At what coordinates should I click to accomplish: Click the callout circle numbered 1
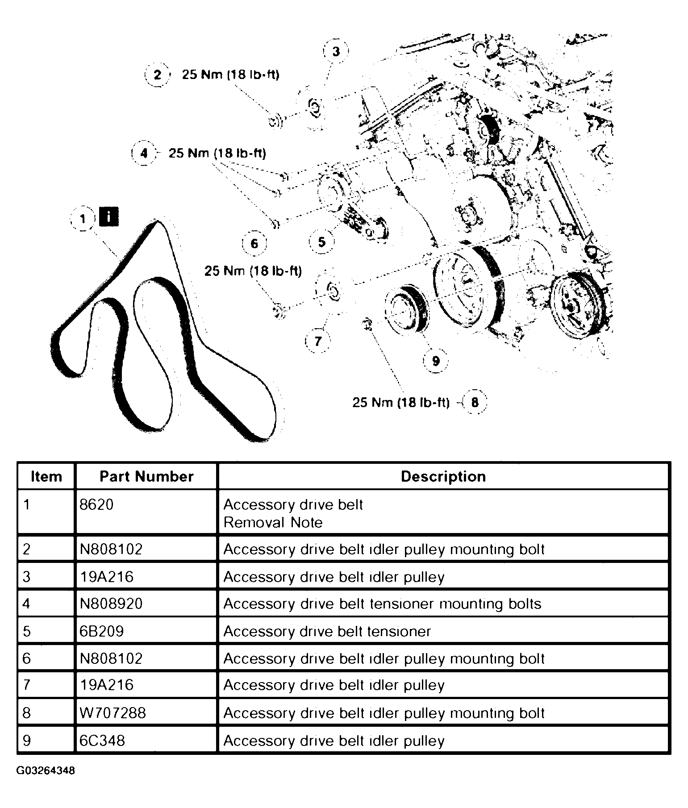(x=83, y=219)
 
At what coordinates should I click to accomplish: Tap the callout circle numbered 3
(x=336, y=51)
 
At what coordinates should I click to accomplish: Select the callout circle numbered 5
(x=322, y=242)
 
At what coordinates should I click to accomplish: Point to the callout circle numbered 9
(x=436, y=360)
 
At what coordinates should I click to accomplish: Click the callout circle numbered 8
(x=475, y=402)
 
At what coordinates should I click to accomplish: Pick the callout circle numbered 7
(x=318, y=341)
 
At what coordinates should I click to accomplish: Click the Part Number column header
(x=146, y=476)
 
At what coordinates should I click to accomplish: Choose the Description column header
(x=443, y=476)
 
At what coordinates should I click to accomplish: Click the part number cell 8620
(x=96, y=504)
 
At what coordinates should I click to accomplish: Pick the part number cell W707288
(x=113, y=712)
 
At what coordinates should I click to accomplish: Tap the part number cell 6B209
(x=101, y=631)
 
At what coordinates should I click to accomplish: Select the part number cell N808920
(x=111, y=604)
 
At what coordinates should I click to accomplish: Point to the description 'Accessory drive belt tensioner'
(x=327, y=631)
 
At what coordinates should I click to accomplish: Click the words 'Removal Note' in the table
(x=273, y=522)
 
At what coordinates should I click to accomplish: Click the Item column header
(x=46, y=476)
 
